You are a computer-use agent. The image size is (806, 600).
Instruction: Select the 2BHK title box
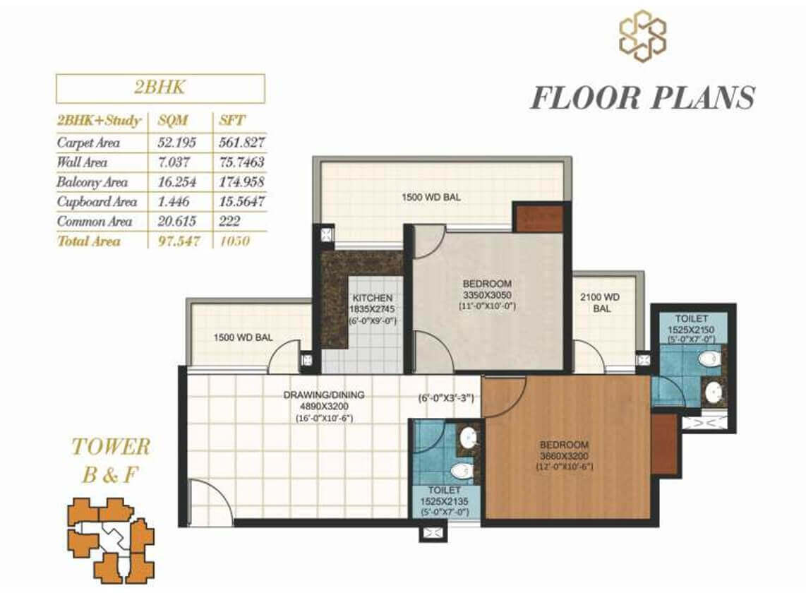coord(160,88)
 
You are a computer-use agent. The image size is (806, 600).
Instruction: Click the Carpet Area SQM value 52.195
coord(177,143)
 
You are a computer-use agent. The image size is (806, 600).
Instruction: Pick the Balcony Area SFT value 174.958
coord(241,181)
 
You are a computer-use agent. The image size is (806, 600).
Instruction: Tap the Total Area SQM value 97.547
coord(179,241)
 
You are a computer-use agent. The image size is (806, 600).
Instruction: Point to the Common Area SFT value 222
coord(230,221)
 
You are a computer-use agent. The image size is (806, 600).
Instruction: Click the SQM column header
coord(173,121)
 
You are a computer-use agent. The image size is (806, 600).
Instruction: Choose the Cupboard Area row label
coord(97,202)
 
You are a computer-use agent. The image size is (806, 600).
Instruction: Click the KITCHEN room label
coord(373,298)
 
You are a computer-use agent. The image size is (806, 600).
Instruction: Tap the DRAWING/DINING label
coord(324,395)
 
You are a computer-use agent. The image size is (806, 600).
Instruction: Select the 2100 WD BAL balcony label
coord(601,302)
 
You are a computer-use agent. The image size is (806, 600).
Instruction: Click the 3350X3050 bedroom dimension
coord(487,295)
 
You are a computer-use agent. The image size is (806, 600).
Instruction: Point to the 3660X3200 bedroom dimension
coord(564,456)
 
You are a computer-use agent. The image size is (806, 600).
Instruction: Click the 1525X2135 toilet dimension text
coord(444,501)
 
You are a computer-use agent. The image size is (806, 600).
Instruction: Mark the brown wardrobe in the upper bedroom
coord(538,218)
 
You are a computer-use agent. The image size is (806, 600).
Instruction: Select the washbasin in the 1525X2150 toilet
coord(712,392)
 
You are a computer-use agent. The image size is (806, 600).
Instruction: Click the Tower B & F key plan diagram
coord(111,540)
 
